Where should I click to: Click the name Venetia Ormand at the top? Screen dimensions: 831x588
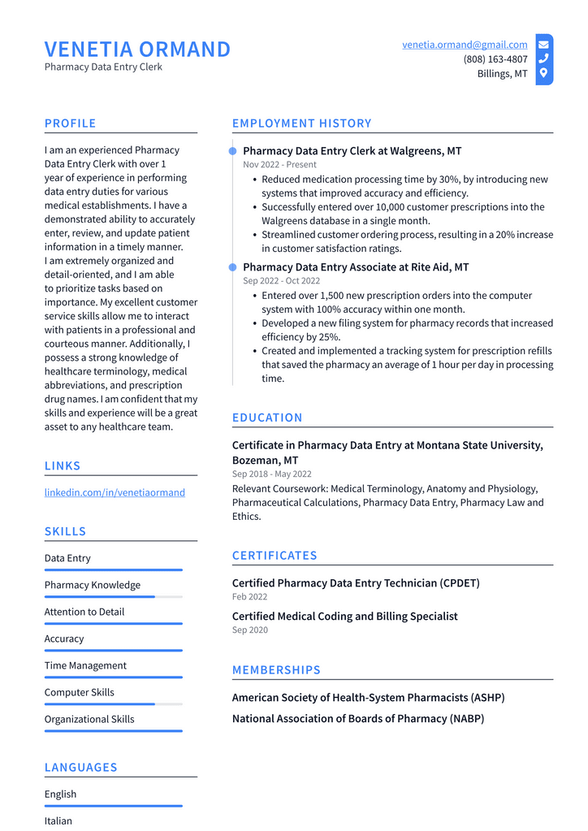(x=137, y=50)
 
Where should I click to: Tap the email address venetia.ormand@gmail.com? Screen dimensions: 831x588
(x=465, y=45)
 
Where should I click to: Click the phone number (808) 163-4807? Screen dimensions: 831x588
(x=495, y=59)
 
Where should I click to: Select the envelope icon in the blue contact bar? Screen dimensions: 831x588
(x=543, y=45)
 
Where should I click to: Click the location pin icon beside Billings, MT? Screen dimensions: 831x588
(x=543, y=73)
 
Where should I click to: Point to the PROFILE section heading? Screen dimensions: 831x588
(x=70, y=123)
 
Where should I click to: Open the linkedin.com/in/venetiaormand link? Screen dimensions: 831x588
(x=115, y=492)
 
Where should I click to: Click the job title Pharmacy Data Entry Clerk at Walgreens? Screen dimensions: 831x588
(x=352, y=151)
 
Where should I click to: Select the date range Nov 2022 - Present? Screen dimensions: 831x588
(x=279, y=165)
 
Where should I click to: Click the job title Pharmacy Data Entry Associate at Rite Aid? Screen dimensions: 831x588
(x=356, y=267)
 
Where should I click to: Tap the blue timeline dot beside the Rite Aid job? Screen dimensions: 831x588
(x=233, y=267)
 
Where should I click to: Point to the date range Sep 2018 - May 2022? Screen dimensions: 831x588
(x=271, y=474)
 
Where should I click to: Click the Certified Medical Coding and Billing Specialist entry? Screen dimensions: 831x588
(x=344, y=617)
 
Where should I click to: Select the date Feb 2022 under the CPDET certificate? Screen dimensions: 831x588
(x=249, y=597)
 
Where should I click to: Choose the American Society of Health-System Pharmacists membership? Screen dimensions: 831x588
(x=368, y=698)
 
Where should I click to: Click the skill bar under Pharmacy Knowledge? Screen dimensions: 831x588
(x=113, y=597)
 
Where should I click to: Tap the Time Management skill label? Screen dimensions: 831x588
(x=85, y=665)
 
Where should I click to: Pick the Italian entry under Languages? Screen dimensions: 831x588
(x=58, y=820)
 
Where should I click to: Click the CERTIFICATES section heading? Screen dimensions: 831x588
(x=275, y=556)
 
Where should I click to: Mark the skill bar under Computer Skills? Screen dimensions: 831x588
(x=113, y=704)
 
